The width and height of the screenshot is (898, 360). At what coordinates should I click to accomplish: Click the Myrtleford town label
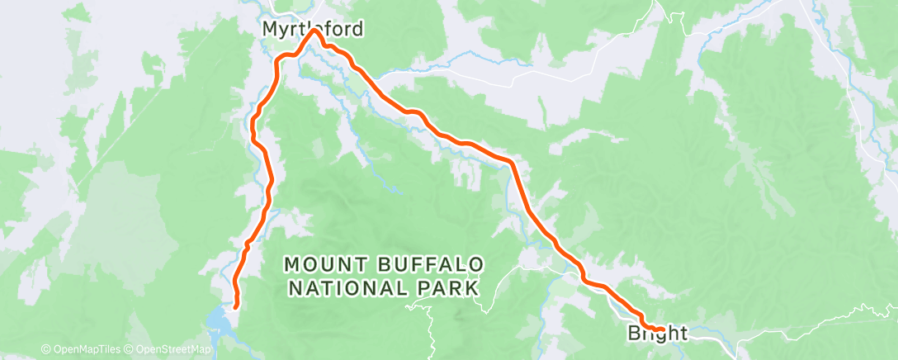click(x=311, y=30)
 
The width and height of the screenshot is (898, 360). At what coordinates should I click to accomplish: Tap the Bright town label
click(x=657, y=334)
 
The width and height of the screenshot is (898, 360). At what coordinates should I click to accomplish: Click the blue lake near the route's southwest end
click(x=217, y=317)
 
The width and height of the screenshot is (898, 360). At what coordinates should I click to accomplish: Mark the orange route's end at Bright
click(x=660, y=330)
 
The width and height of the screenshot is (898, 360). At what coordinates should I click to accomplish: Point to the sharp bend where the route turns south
click(x=512, y=163)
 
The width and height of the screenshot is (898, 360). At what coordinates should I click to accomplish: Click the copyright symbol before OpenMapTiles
click(x=45, y=350)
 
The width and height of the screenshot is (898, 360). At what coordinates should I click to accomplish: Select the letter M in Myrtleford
click(x=269, y=30)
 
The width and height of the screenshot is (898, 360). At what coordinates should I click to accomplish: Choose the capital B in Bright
click(x=635, y=334)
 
